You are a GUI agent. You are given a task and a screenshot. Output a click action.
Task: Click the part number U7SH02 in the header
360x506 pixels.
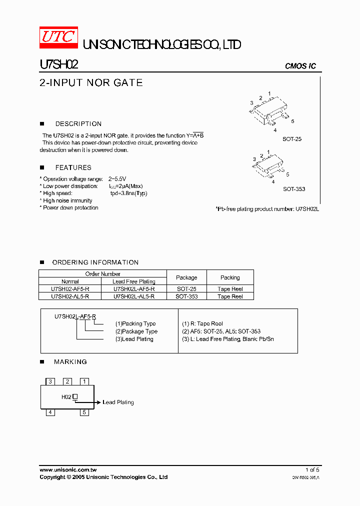click(58, 64)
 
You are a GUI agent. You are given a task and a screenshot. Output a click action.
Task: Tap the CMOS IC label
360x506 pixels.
click(300, 66)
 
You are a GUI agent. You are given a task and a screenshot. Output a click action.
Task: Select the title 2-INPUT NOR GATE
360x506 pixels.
click(91, 83)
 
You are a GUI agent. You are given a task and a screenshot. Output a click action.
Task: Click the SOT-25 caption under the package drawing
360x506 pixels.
click(292, 139)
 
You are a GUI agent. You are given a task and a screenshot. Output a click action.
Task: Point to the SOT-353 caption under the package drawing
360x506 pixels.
click(294, 189)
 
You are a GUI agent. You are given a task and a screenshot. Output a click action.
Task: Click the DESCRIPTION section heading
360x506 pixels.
click(78, 124)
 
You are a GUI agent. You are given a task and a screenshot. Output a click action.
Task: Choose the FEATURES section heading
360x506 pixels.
click(73, 167)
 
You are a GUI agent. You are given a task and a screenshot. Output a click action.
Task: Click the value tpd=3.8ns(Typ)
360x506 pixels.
click(129, 193)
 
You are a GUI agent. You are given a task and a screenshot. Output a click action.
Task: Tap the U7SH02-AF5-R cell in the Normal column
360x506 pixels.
click(70, 289)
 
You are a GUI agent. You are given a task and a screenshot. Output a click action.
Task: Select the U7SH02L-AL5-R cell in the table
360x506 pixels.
click(134, 296)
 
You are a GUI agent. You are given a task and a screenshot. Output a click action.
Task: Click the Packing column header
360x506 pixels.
click(230, 277)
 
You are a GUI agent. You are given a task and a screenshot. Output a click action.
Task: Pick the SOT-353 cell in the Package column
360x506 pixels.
click(186, 296)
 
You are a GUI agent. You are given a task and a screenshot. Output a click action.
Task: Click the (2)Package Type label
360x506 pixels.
click(136, 331)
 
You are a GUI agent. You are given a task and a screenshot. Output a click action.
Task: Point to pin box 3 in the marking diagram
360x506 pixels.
click(50, 381)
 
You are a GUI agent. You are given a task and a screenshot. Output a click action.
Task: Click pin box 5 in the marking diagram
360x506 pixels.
click(84, 412)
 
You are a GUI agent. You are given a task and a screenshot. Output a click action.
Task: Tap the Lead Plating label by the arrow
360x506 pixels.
click(118, 402)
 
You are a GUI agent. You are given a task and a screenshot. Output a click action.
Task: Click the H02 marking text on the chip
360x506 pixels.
click(66, 397)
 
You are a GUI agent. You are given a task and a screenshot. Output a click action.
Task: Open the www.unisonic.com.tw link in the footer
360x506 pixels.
click(68, 470)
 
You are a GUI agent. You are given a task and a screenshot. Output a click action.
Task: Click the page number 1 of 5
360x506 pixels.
click(312, 470)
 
